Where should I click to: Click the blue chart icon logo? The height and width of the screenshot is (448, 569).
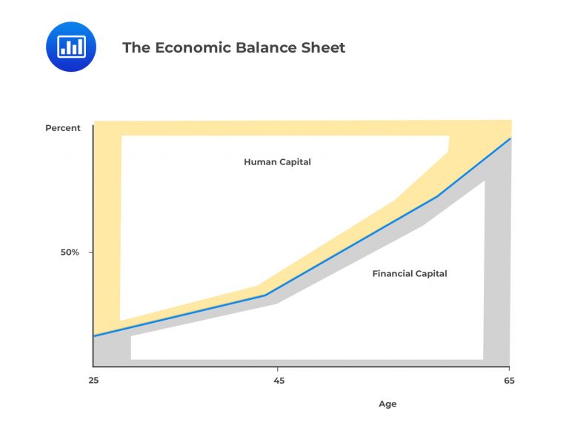tap(71, 47)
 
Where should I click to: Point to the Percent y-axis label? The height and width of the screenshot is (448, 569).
tap(63, 128)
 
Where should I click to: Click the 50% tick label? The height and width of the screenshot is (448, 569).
tap(70, 253)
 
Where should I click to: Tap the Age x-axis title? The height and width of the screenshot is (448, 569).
tap(387, 404)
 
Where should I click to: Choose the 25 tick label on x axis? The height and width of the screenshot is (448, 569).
tap(93, 381)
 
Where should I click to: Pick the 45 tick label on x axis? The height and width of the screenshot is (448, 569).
tap(279, 381)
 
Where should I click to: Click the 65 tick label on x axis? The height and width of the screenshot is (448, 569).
tap(509, 381)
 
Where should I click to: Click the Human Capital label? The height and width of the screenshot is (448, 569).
tap(277, 162)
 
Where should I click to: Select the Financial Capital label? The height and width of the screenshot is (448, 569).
tap(410, 273)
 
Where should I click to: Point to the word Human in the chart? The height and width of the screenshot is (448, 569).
tap(259, 162)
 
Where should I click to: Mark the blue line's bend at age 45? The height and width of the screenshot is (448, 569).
tap(265, 295)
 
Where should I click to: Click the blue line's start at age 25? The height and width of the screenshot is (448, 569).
tap(94, 336)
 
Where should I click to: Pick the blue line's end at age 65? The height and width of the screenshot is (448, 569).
tap(510, 138)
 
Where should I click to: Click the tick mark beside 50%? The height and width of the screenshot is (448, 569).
tap(90, 253)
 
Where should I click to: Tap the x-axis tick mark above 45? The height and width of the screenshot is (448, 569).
tap(277, 369)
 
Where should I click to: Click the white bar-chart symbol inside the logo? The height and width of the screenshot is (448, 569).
tap(71, 47)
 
